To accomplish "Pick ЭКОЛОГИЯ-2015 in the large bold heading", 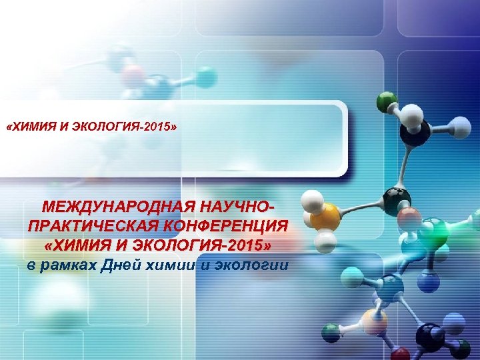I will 200,246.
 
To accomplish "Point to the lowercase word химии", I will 175,266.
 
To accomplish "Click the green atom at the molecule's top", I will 386,102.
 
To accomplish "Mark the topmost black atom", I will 415,134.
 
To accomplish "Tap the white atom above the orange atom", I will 313,198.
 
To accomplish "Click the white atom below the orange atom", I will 326,240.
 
